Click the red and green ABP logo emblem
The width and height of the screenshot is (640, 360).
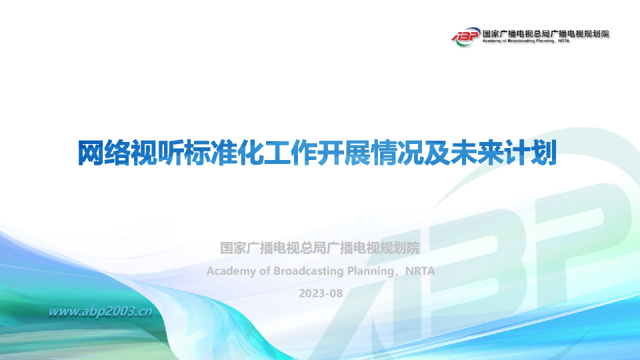[x=465, y=35]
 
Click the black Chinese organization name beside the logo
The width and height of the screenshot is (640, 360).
[x=545, y=32]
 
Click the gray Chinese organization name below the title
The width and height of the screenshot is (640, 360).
[x=320, y=249]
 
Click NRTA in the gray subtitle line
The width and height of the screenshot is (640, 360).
[x=419, y=271]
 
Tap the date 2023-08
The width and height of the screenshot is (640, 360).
[x=320, y=293]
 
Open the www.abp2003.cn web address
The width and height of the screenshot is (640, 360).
[x=101, y=311]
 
